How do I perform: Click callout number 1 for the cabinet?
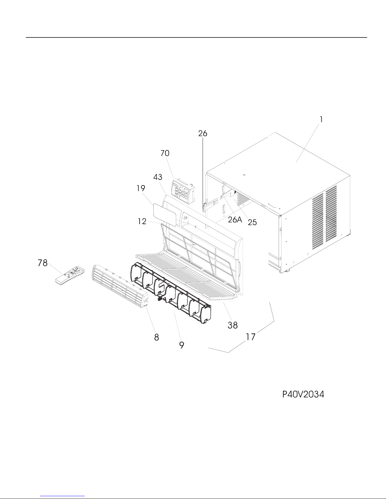(321, 120)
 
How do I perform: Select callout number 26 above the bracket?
(203, 133)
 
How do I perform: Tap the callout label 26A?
(235, 219)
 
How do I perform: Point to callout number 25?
(252, 222)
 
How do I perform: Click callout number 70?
(165, 153)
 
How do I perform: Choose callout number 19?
(141, 188)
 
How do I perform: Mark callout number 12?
(142, 221)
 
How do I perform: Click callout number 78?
(43, 263)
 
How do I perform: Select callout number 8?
(156, 337)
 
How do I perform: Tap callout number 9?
(182, 345)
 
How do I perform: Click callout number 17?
(251, 337)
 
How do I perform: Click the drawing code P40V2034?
(303, 394)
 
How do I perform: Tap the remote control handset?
(70, 275)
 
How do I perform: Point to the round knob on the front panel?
(185, 217)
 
